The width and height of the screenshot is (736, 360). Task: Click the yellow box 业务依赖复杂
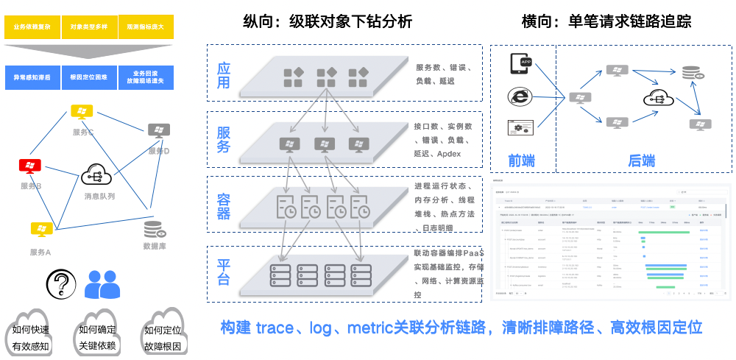click(32, 27)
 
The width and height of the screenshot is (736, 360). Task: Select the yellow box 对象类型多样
click(89, 27)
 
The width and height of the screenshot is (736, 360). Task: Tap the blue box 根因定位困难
click(89, 77)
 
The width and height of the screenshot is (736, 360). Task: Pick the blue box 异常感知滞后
click(32, 77)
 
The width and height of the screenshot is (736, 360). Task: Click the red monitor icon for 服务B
click(31, 166)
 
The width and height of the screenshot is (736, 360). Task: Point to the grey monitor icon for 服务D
click(158, 131)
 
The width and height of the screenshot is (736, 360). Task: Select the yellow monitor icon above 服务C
click(80, 113)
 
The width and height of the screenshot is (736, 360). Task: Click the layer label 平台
click(223, 271)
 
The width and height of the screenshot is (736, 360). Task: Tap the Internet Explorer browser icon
click(520, 96)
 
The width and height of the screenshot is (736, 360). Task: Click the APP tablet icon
click(521, 64)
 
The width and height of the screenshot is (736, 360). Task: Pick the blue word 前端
click(521, 160)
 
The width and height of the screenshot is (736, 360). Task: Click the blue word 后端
click(641, 160)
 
